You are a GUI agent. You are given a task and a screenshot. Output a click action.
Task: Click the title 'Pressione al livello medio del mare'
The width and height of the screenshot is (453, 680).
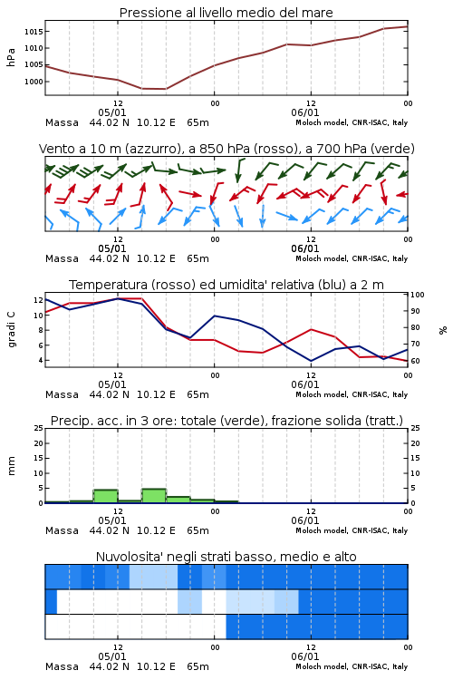226,13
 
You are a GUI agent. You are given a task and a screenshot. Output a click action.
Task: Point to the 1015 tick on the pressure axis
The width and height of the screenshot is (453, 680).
34,31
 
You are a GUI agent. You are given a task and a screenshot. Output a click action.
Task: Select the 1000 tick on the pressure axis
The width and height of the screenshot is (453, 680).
34,82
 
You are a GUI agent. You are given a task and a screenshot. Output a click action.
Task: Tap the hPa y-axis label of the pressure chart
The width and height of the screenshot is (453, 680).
11,57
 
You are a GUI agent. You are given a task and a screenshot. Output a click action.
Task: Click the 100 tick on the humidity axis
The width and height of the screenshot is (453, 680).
418,295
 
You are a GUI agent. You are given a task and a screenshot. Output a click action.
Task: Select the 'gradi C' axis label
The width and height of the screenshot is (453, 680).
12,330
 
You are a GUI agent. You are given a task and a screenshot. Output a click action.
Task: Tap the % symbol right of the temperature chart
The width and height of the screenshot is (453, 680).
443,330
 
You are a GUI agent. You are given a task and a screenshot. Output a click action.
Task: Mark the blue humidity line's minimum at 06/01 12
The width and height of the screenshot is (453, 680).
311,361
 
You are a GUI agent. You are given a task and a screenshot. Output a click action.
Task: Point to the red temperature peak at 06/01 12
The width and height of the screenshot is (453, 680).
311,330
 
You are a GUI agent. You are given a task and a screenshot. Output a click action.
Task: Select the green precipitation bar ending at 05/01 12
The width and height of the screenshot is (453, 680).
106,497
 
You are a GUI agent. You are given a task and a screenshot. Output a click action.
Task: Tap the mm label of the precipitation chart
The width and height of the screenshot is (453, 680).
11,465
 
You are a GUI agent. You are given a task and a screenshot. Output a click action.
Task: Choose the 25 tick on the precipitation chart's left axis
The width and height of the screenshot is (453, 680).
39,428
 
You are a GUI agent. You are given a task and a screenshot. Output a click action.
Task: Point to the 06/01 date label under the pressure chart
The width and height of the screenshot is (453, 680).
305,112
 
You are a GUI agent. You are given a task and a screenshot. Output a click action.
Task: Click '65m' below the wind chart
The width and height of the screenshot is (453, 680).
198,259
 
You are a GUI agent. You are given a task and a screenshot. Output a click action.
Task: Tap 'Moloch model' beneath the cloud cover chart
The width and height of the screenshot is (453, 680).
322,666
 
